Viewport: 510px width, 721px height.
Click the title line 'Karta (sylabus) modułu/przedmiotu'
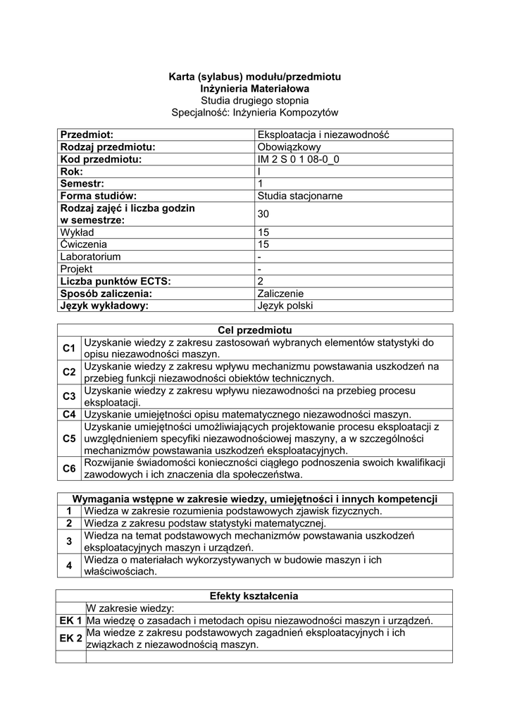[x=254, y=76]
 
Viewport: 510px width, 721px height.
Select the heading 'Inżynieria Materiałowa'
[x=254, y=88]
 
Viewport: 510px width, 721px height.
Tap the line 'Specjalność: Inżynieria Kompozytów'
[x=254, y=112]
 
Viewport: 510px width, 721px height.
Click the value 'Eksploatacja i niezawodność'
[x=323, y=134]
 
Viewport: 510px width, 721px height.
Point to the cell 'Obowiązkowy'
[x=290, y=147]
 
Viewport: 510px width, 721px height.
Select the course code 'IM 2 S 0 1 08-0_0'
[x=303, y=159]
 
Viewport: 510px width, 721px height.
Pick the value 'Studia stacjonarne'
[x=300, y=196]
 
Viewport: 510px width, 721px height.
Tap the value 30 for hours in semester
[x=264, y=214]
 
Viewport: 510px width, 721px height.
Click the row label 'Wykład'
[x=77, y=232]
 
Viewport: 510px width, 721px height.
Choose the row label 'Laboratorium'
[x=90, y=256]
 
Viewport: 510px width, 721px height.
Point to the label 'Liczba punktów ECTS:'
[x=116, y=281]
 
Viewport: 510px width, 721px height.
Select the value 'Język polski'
[x=285, y=306]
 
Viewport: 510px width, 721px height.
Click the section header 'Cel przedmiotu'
[x=254, y=330]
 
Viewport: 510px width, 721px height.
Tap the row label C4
[x=69, y=415]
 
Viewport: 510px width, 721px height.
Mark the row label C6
[x=69, y=468]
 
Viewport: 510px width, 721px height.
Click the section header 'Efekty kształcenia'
[x=254, y=596]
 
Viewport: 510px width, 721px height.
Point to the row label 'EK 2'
[x=71, y=638]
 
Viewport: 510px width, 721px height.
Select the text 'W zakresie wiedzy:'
[x=130, y=608]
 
